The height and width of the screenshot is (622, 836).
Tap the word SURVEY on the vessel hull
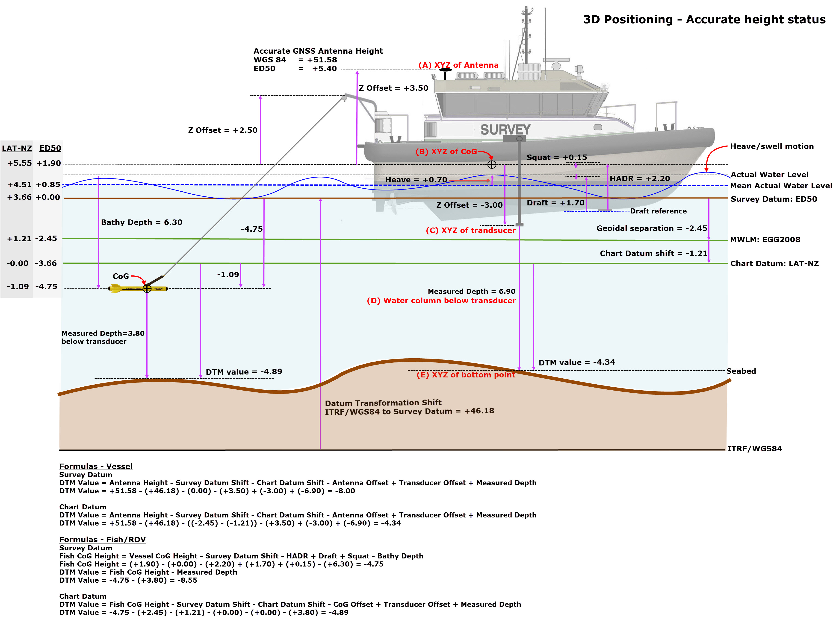click(x=505, y=129)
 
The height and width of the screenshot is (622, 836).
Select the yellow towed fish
click(x=138, y=288)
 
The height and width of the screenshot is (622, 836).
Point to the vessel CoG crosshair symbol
click(x=492, y=164)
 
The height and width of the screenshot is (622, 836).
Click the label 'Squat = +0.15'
click(x=556, y=157)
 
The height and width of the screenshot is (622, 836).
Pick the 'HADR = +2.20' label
click(x=640, y=178)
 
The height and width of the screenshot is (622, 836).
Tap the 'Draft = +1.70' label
click(x=555, y=203)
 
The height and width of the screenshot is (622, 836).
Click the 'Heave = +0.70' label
click(x=416, y=180)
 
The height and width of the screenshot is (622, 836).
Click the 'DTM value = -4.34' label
click(x=576, y=362)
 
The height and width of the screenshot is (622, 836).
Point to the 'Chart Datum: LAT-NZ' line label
click(x=774, y=263)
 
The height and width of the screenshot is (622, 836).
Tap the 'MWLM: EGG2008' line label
click(x=765, y=239)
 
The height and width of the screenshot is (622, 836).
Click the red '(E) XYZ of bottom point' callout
click(x=466, y=375)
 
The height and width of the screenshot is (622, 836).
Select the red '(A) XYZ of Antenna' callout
click(x=458, y=65)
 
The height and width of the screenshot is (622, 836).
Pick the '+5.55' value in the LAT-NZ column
click(x=19, y=163)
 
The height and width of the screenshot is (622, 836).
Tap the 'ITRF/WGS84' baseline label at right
click(x=754, y=448)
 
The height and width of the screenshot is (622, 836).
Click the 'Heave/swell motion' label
click(x=771, y=146)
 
